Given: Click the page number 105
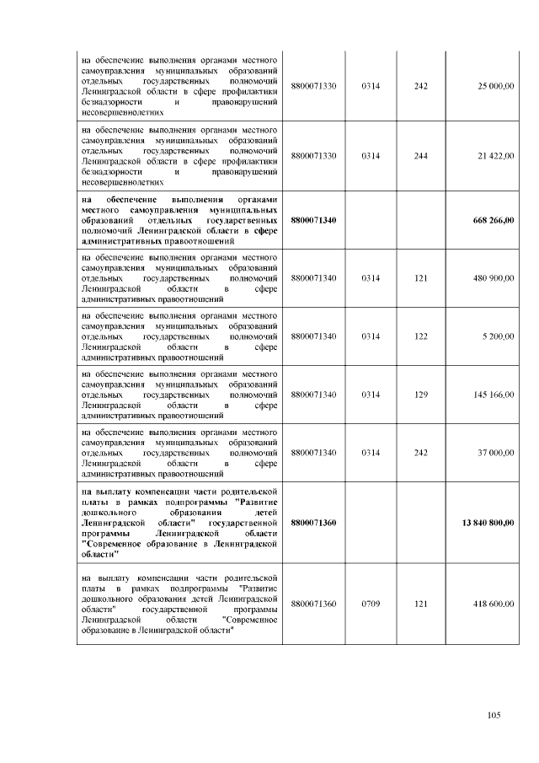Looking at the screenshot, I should (x=494, y=716).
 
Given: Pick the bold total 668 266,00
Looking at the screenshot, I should (x=494, y=220).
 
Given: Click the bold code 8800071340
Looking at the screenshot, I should (x=313, y=220).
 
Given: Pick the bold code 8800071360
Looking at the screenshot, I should (x=313, y=523).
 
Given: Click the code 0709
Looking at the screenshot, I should (x=371, y=604).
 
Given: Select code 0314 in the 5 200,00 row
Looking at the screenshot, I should (x=371, y=336).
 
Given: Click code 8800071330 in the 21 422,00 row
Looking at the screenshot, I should (x=313, y=156).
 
